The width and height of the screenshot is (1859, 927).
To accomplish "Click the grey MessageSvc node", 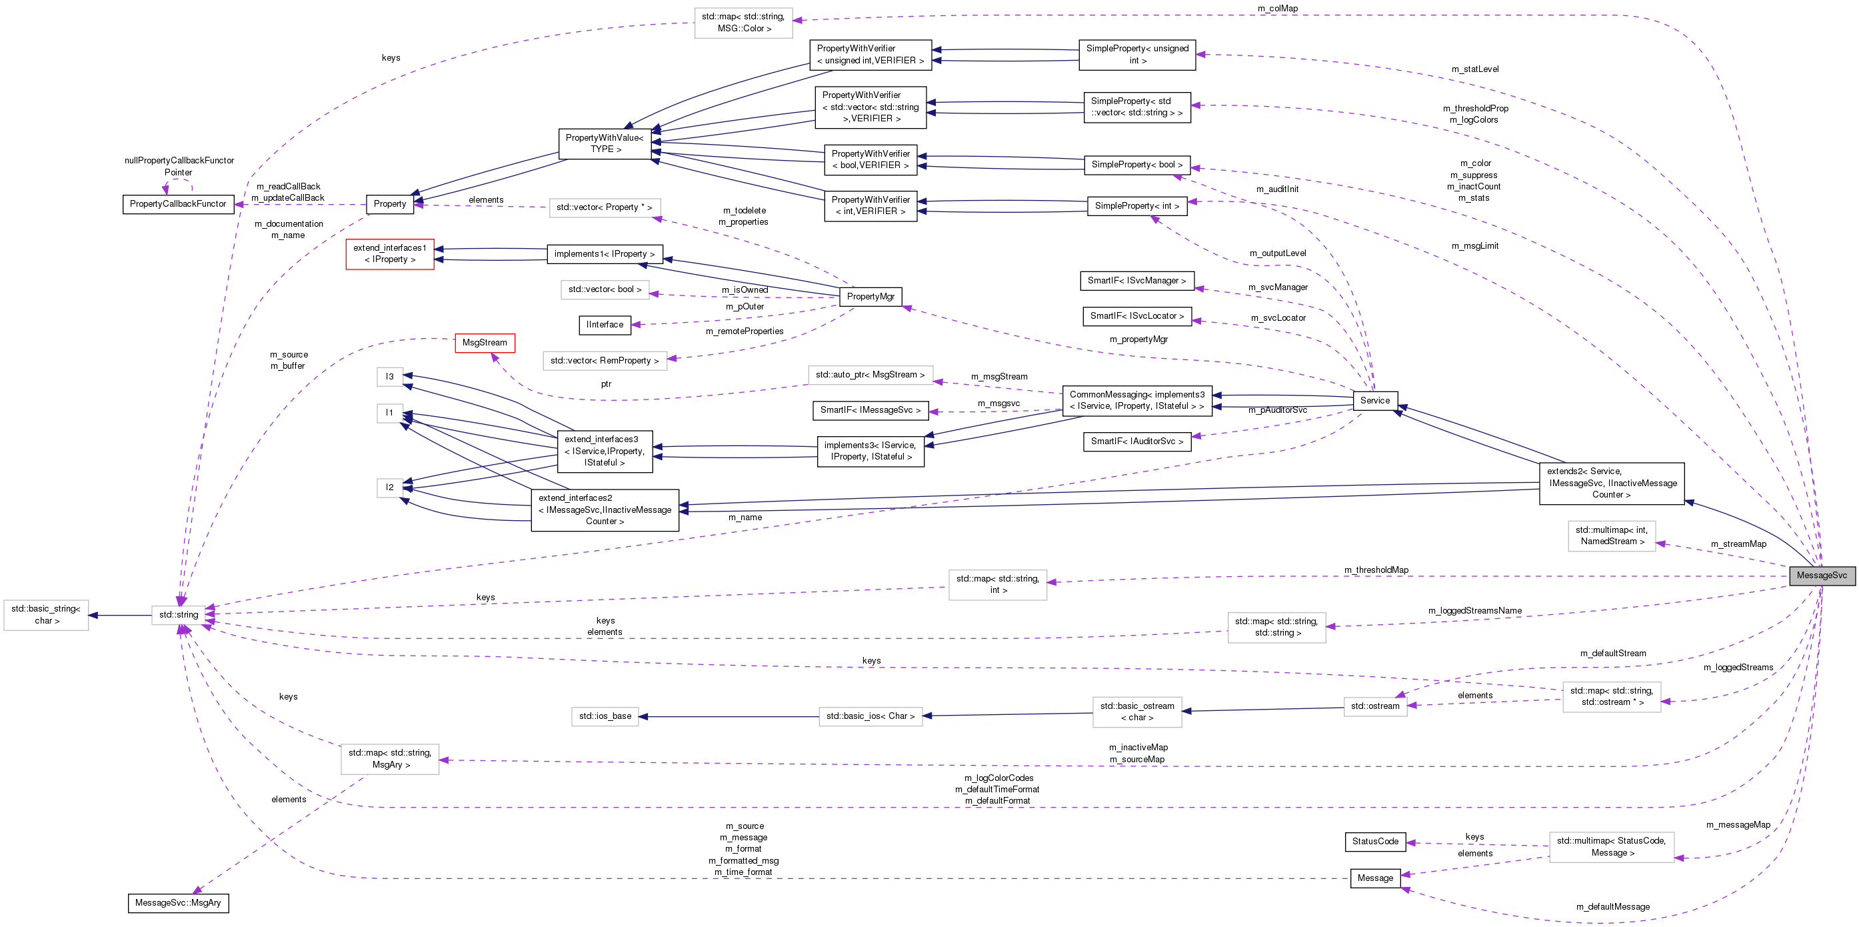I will pyautogui.click(x=1822, y=576).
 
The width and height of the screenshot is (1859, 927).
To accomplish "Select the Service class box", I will pyautogui.click(x=1375, y=401).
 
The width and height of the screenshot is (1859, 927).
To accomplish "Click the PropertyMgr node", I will pyautogui.click(x=871, y=297).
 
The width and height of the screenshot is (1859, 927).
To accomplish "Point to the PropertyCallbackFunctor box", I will pyautogui.click(x=178, y=204).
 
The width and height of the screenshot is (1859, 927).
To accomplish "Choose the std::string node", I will pyautogui.click(x=178, y=615).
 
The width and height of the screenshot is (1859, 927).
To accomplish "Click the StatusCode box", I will pyautogui.click(x=1375, y=842).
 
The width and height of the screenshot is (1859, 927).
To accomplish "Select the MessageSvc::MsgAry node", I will pyautogui.click(x=178, y=903).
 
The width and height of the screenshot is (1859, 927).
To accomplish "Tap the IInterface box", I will pyautogui.click(x=605, y=325).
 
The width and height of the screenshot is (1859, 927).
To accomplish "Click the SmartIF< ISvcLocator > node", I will pyautogui.click(x=1136, y=316).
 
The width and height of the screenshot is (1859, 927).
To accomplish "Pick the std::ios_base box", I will pyautogui.click(x=605, y=716).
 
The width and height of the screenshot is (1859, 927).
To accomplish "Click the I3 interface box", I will pyautogui.click(x=390, y=377).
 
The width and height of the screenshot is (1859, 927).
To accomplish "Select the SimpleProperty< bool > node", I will pyautogui.click(x=1136, y=165).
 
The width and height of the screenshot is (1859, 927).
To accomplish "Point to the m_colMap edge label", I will pyautogui.click(x=1277, y=9).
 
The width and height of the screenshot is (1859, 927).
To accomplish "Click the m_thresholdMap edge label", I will pyautogui.click(x=1376, y=570).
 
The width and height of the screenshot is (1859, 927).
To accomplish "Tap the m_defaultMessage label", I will pyautogui.click(x=1612, y=907).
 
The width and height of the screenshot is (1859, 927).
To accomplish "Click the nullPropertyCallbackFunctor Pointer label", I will pyautogui.click(x=179, y=167).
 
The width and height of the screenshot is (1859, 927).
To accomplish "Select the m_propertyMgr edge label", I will pyautogui.click(x=1138, y=339).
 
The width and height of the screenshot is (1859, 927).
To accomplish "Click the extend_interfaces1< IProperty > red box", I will pyautogui.click(x=390, y=254).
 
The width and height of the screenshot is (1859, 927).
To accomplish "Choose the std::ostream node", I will pyautogui.click(x=1375, y=706).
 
